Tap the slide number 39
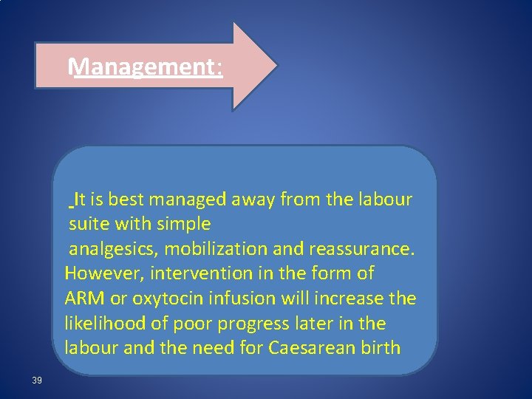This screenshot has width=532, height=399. [x=37, y=381]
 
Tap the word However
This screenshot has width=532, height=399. [x=104, y=273]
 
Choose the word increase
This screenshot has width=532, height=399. [x=352, y=299]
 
